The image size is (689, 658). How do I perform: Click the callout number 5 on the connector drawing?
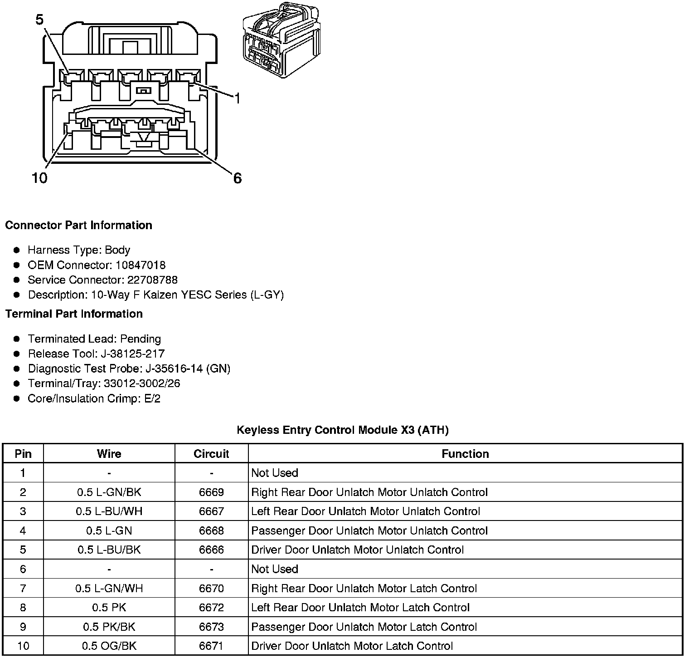40,20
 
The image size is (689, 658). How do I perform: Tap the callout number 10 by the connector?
39,178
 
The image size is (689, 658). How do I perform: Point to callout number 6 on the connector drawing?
238,178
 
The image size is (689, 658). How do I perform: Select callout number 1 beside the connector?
237,98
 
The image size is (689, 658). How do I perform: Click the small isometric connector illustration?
278,41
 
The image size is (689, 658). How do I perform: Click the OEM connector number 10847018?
141,265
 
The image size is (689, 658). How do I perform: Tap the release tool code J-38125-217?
133,354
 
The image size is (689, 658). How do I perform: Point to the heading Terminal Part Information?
74,314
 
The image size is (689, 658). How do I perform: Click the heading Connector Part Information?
78,226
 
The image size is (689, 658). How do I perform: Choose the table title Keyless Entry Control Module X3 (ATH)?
343,430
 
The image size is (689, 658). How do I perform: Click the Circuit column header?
211,454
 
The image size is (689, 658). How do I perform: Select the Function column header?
465,454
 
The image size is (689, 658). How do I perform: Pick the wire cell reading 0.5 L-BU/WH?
109,511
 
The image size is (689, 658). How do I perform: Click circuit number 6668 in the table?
211,530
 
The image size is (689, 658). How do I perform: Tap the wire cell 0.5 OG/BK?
109,646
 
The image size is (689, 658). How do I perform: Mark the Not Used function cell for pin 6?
275,569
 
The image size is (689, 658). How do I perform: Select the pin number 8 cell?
23,607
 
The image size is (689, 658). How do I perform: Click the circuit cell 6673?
211,627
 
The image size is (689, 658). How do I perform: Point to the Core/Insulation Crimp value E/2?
151,399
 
